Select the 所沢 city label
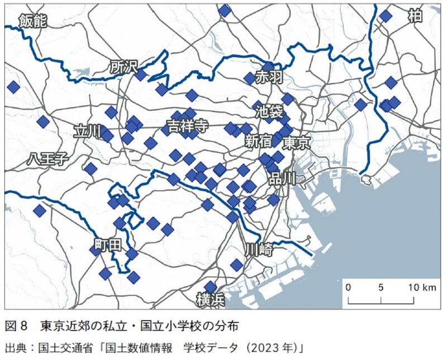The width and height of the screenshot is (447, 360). point(123,67)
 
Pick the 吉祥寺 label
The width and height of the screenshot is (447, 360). point(188,126)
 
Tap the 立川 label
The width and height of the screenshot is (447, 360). point(88,131)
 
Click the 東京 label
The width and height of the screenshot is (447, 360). point(296,143)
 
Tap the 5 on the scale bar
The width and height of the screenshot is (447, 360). point(381,287)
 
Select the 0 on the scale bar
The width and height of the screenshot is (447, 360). point(348,287)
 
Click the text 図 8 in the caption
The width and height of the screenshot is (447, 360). point(16,325)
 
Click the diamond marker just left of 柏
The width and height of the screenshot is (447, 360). point(386,16)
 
